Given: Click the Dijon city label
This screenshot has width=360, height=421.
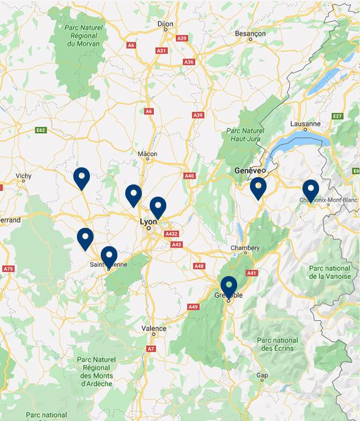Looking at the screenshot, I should (x=166, y=24).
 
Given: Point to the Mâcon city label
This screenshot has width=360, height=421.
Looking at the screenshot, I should (x=148, y=155).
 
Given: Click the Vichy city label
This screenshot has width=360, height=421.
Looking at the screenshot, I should (x=23, y=176).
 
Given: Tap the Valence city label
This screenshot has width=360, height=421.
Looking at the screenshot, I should (x=153, y=328).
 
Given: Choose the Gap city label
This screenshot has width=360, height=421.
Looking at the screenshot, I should (x=262, y=375).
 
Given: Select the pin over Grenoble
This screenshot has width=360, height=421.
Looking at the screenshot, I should (x=229, y=287).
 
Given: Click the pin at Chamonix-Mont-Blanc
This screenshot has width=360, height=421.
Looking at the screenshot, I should (x=310, y=189).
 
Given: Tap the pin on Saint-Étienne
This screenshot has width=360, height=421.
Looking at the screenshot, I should (x=109, y=255).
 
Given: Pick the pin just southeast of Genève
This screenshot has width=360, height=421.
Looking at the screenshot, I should (x=258, y=187).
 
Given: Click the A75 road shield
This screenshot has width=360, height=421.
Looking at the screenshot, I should (x=8, y=269).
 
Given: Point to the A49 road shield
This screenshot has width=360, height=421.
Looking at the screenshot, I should (x=194, y=306).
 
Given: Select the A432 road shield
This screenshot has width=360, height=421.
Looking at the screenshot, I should (x=171, y=233).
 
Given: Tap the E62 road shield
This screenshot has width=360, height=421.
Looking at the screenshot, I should (x=41, y=130).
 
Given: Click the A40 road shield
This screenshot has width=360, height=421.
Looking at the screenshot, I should (x=189, y=176).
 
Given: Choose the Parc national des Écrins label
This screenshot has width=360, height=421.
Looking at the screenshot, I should (x=277, y=344).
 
